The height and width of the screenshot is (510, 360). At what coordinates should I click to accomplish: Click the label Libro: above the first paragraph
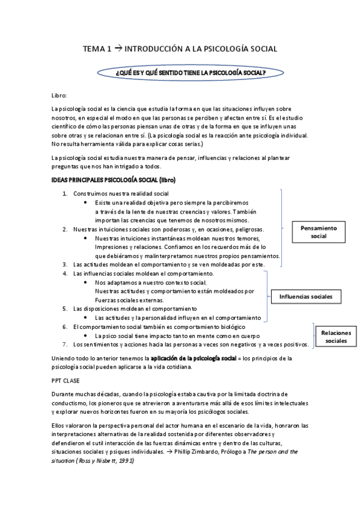(x=59, y=96)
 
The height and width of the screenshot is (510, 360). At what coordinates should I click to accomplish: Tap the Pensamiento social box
(x=318, y=232)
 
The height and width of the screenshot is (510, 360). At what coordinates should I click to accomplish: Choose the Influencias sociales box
(x=310, y=296)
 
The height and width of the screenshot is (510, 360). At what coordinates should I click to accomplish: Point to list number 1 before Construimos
(x=66, y=194)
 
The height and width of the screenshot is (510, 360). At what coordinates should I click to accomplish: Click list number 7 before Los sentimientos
(x=66, y=345)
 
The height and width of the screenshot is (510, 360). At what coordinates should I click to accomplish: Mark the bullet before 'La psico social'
(x=88, y=336)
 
